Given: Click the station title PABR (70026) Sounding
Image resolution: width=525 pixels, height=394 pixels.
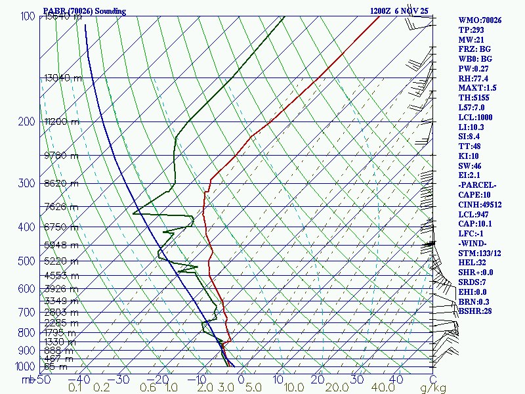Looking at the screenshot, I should pos(84,11).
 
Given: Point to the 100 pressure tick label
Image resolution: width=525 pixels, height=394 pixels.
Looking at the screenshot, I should pos(27,16).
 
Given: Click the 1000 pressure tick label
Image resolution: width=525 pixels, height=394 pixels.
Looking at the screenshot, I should pos(24,366).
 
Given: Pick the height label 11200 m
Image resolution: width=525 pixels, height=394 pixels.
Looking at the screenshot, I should pos(62,121).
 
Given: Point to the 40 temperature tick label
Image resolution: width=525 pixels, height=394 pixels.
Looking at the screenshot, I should pos(396,380).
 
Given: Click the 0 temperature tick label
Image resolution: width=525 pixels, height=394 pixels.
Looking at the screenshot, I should pos(241,380).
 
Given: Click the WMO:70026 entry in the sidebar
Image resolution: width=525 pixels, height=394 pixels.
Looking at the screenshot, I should pos(480,20).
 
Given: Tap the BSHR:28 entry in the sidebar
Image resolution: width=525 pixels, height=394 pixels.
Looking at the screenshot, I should pos(475,311).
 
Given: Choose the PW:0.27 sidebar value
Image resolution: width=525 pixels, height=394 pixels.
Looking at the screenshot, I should pos(475,69).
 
